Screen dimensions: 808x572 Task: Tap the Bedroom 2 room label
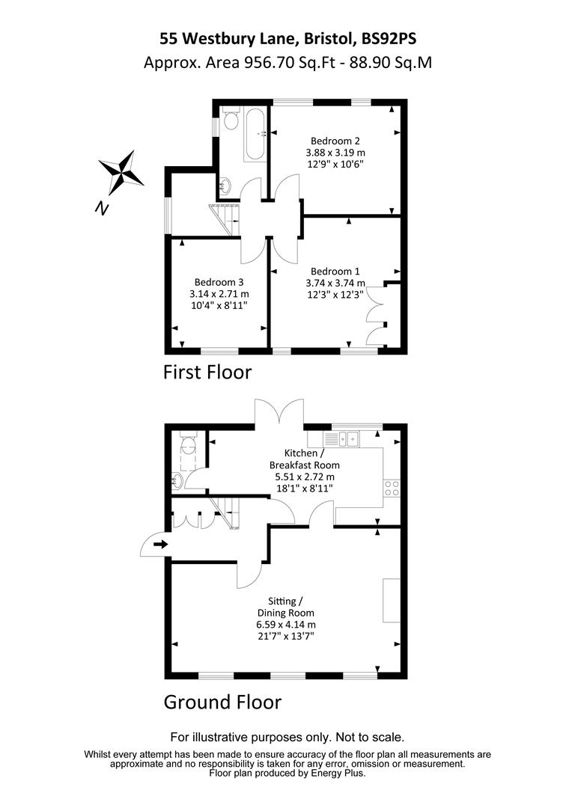click(335, 141)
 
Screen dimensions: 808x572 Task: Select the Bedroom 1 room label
click(335, 271)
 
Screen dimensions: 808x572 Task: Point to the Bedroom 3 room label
click(219, 282)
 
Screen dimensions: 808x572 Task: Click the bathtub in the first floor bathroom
click(255, 134)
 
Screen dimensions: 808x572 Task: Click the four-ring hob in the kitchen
click(391, 489)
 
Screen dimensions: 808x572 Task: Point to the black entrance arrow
click(160, 544)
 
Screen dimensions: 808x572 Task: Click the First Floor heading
click(207, 372)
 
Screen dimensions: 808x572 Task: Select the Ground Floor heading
click(222, 703)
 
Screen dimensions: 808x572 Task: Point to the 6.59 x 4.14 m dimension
click(285, 624)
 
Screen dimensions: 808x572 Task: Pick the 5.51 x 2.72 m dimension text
click(301, 476)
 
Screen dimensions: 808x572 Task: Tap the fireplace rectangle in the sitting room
click(392, 600)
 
